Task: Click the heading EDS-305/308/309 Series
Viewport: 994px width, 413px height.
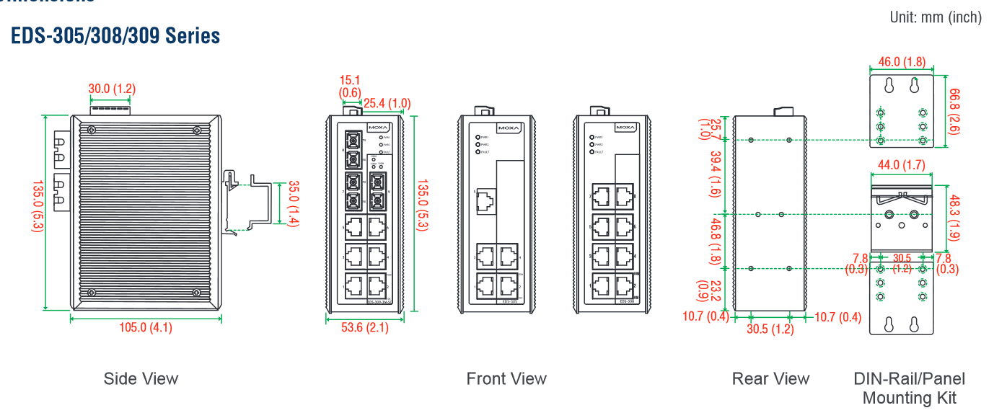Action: click(115, 35)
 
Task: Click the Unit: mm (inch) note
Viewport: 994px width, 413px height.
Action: click(936, 17)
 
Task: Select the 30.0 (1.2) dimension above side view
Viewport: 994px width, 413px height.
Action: click(112, 89)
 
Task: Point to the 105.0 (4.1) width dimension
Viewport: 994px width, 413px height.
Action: click(146, 328)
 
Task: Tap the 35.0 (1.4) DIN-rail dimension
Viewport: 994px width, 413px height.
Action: click(292, 204)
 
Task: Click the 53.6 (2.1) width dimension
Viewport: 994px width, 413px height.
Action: click(364, 328)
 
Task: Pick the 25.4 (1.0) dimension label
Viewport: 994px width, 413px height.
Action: click(387, 104)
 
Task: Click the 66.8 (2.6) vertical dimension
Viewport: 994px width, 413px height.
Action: click(955, 112)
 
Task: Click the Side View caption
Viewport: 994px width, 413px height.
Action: click(141, 379)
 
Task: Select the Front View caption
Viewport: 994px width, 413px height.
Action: click(506, 379)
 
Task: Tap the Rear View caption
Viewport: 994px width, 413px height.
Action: click(770, 379)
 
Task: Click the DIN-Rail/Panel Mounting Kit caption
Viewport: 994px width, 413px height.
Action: click(909, 388)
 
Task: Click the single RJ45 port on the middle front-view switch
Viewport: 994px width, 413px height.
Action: click(485, 202)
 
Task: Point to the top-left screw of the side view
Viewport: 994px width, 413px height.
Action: click(92, 130)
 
